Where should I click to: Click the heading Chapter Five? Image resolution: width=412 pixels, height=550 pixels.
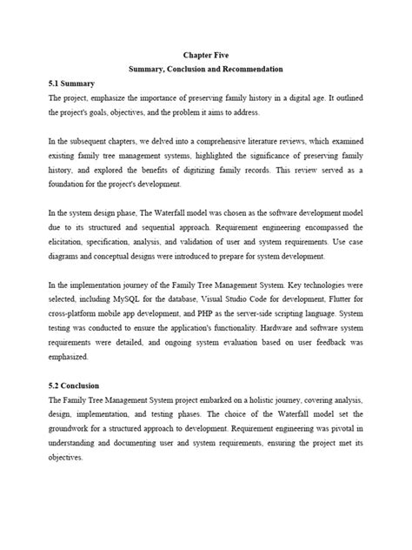pyautogui.click(x=206, y=52)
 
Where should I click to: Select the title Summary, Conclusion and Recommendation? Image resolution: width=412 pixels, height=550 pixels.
pyautogui.click(x=206, y=68)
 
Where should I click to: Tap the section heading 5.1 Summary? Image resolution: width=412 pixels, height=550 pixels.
pyautogui.click(x=77, y=84)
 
